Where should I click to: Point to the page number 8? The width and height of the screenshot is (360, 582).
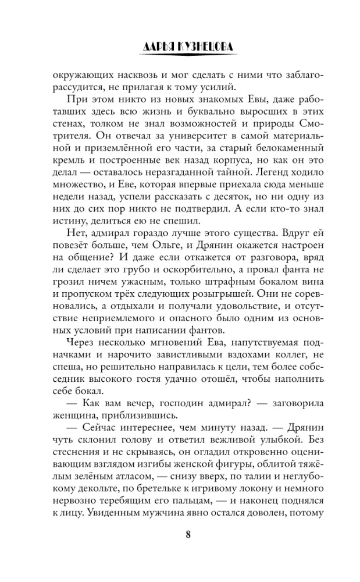180,535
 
